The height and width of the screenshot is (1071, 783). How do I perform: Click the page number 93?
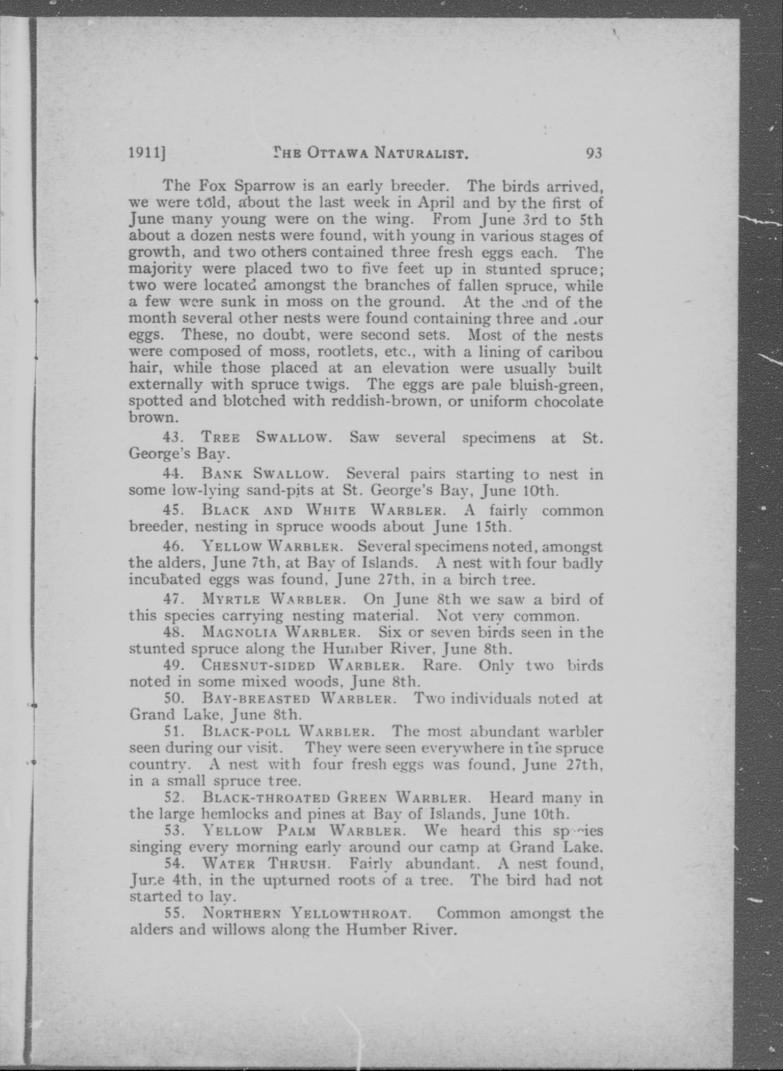click(594, 153)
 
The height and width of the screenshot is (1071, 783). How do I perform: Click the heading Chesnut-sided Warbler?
click(303, 665)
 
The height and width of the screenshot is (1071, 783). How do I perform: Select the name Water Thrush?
click(265, 863)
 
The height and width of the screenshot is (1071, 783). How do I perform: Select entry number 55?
click(173, 913)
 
